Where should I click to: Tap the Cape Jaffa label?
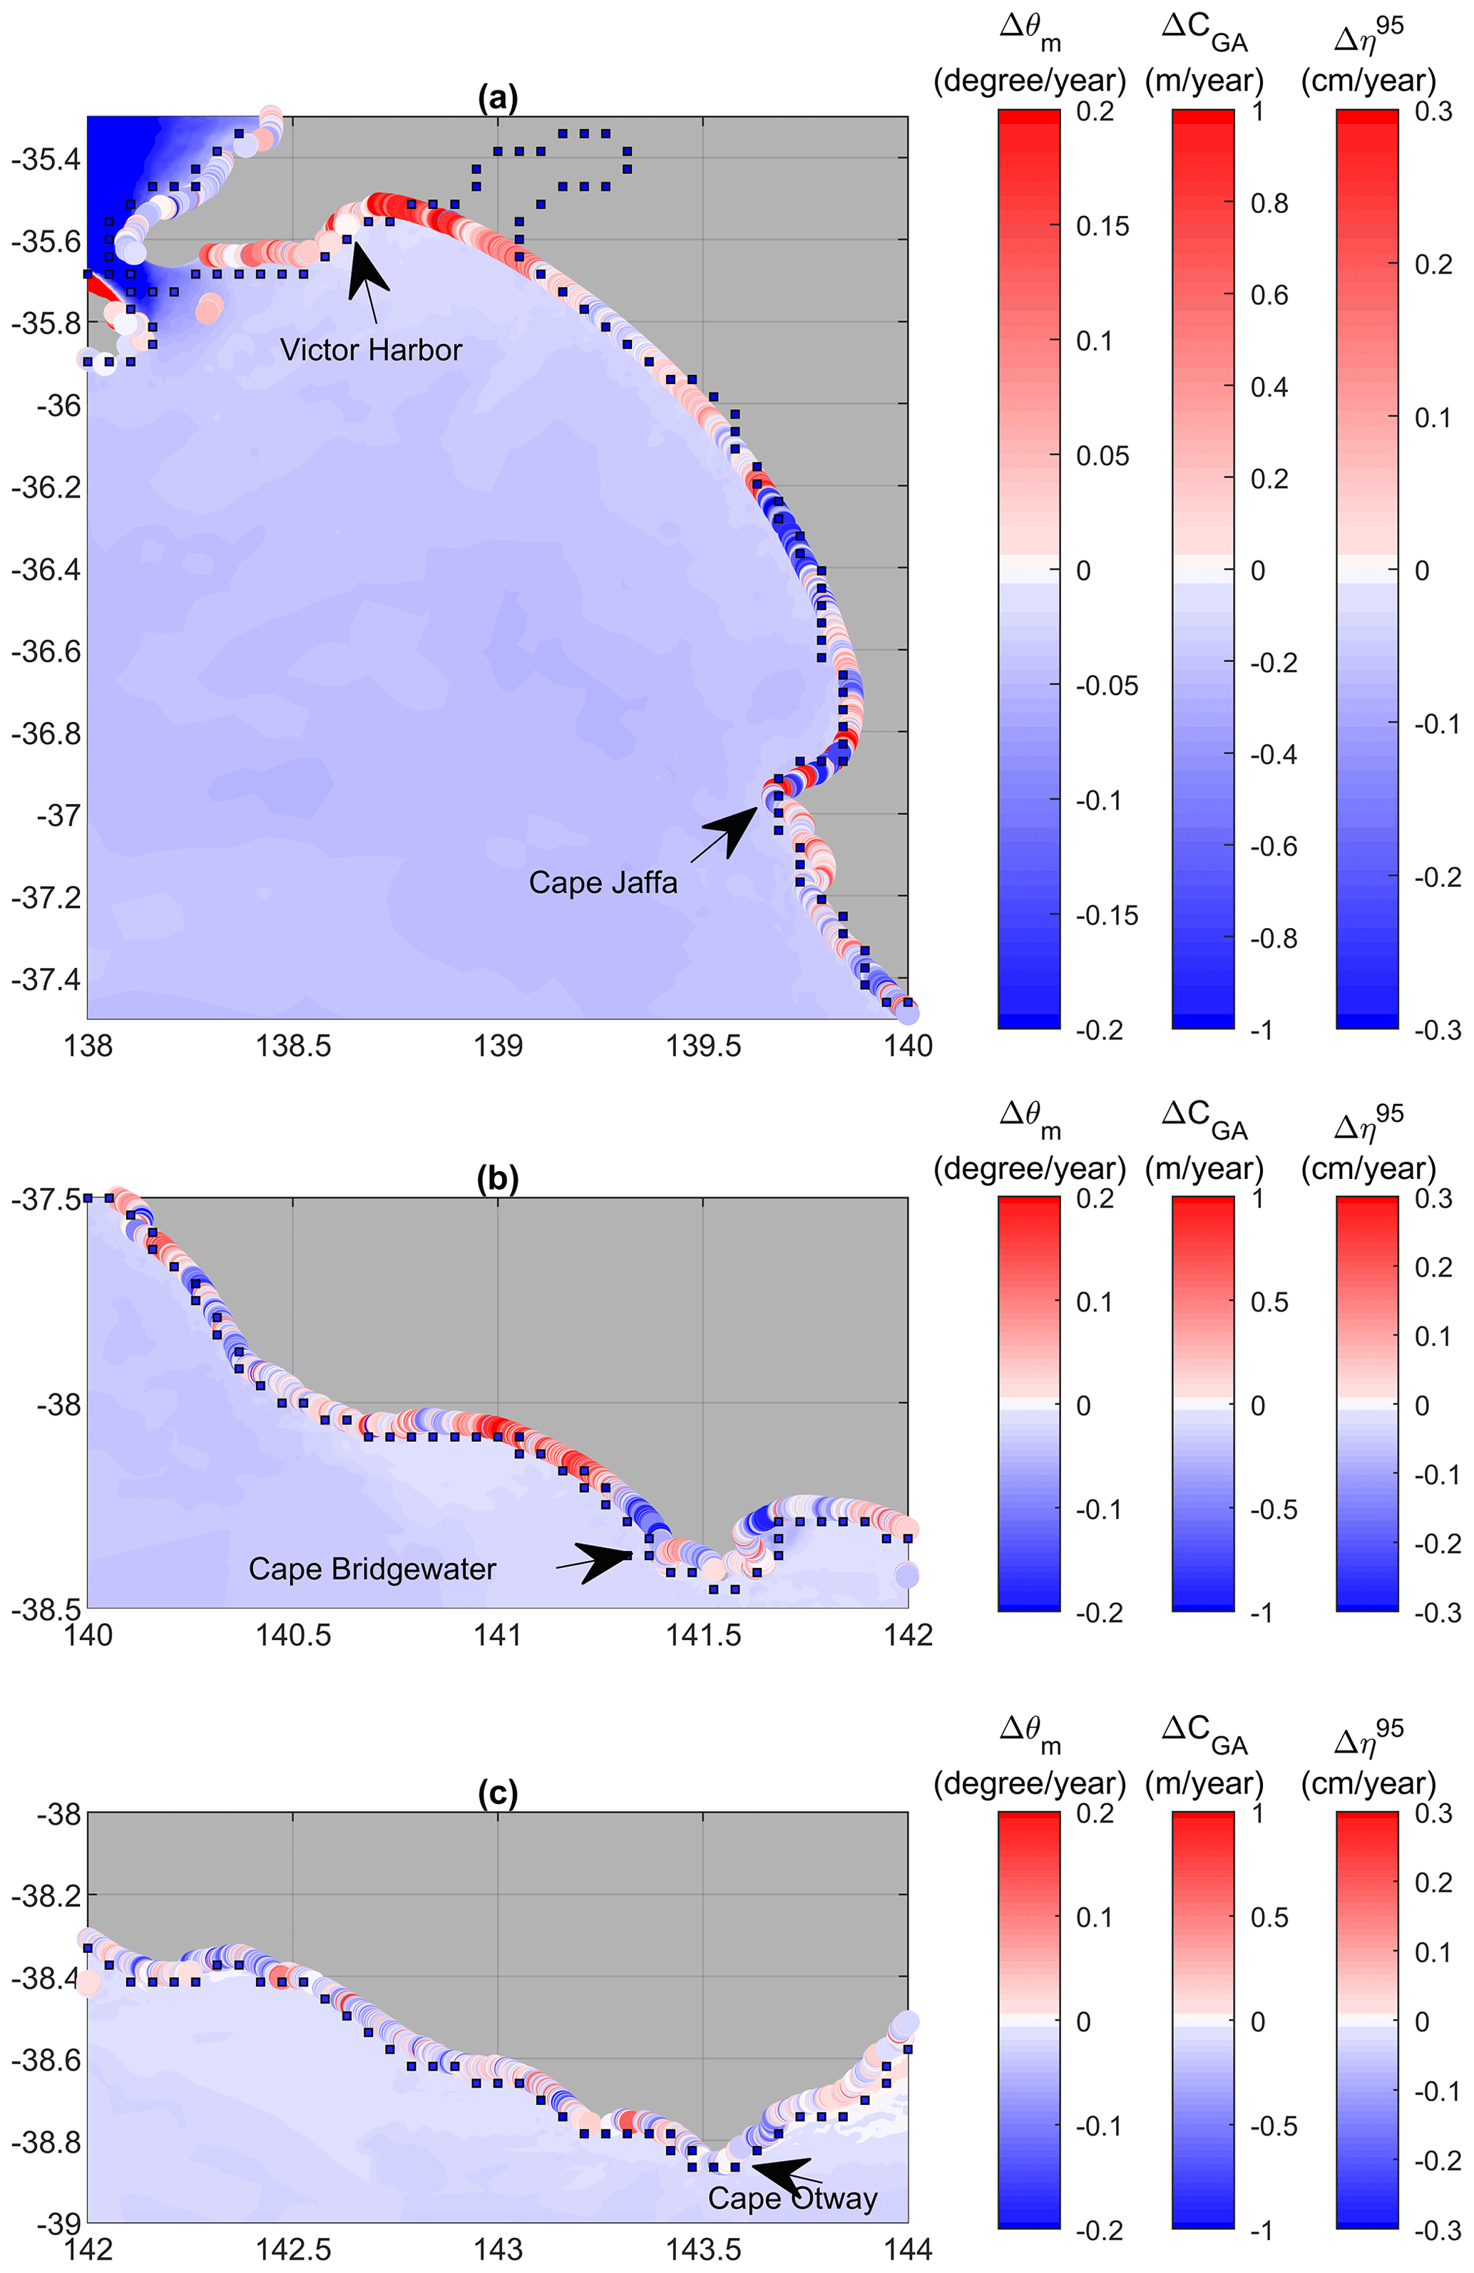click(x=603, y=882)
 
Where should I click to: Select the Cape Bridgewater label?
click(x=372, y=1568)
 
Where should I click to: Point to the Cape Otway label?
click(x=792, y=2197)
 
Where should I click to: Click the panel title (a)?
click(x=498, y=96)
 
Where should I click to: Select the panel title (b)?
click(x=498, y=1180)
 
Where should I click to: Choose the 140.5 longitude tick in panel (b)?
click(x=292, y=1634)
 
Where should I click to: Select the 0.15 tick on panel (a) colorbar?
click(x=1102, y=227)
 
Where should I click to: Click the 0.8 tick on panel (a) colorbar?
click(x=1269, y=202)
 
